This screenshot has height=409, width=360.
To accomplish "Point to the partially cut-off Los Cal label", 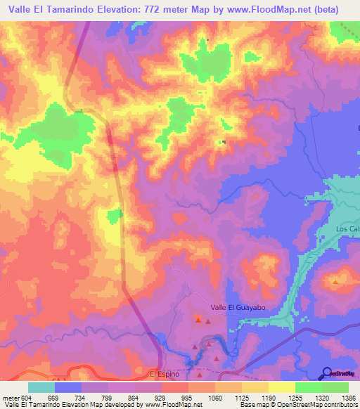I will click(x=347, y=230).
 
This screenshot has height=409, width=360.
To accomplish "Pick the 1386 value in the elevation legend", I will click(x=349, y=397).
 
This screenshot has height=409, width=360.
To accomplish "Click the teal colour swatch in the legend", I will click(x=41, y=387).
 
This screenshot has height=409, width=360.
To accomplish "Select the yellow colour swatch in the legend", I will click(x=281, y=387).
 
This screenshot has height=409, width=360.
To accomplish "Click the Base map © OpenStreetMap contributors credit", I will click(x=297, y=405).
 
